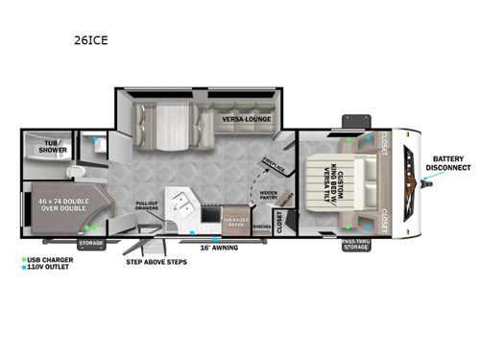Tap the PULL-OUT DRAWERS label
tap(148, 206)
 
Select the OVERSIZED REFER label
tap(235, 223)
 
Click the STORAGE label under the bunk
tap(90, 244)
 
